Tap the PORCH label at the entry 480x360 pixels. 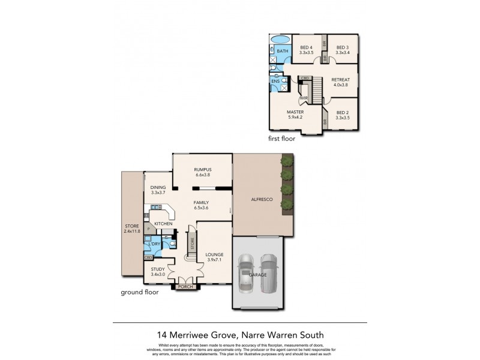[185, 287]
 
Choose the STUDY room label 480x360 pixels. [158, 269]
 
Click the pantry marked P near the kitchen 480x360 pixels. [147, 230]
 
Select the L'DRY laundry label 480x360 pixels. [154, 244]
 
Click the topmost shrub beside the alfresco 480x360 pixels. [287, 161]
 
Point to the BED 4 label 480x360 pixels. [307, 48]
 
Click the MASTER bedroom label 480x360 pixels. [295, 112]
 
